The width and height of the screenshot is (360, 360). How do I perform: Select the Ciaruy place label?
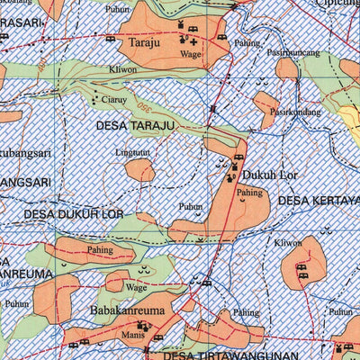tap(114, 99)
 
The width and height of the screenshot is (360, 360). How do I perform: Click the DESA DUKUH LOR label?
tap(73, 215)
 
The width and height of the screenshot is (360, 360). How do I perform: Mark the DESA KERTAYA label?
tap(319, 200)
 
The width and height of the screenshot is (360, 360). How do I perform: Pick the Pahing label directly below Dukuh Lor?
tap(249, 193)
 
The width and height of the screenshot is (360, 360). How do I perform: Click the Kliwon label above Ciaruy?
tap(122, 68)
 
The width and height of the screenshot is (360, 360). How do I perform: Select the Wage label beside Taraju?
tap(190, 54)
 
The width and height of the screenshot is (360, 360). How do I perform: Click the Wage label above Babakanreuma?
tap(136, 288)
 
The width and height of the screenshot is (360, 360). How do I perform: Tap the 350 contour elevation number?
tap(141, 109)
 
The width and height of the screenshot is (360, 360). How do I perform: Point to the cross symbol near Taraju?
tap(194, 41)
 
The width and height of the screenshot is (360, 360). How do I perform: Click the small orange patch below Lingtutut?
tap(139, 171)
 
